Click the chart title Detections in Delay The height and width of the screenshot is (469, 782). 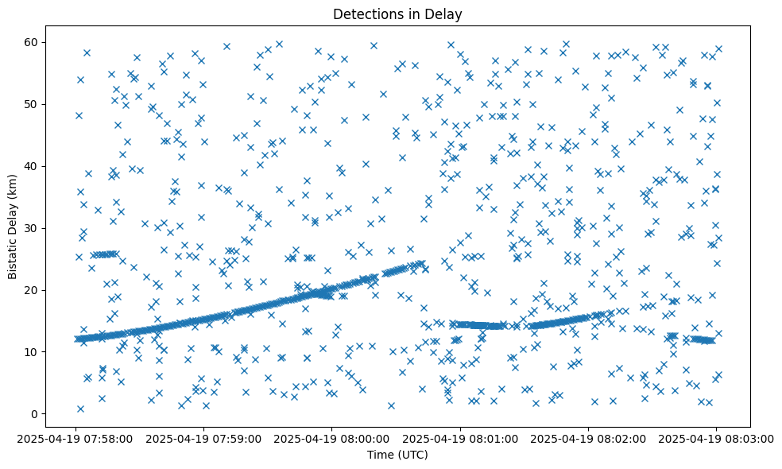pyautogui.click(x=397, y=14)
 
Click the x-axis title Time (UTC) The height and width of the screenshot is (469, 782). pyautogui.click(x=397, y=455)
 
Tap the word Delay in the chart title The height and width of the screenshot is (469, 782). pyautogui.click(x=445, y=14)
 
